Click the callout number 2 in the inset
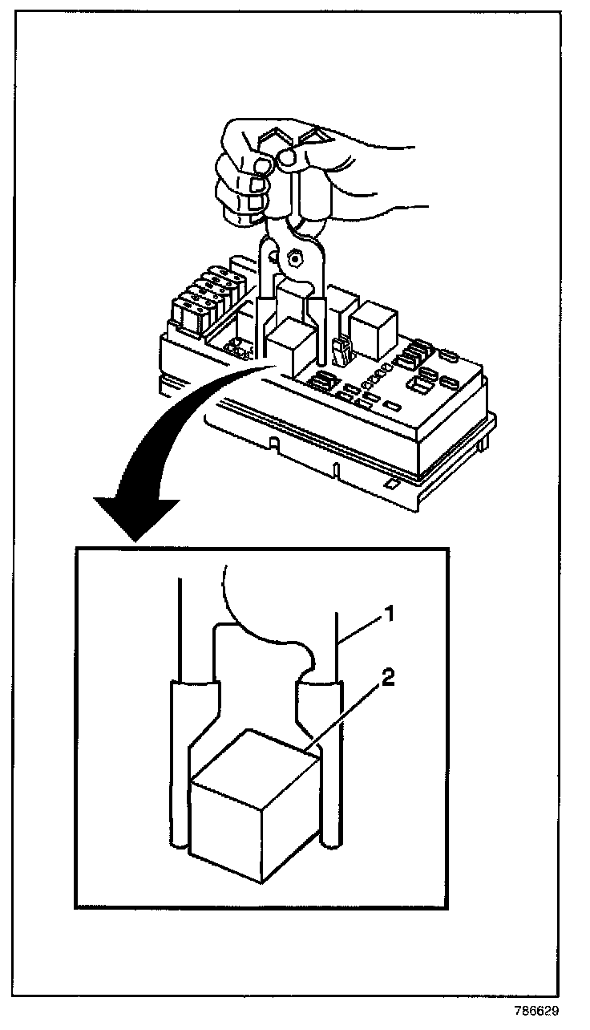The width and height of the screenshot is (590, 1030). pos(387,678)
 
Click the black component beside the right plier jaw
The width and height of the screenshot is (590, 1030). pos(340,350)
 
